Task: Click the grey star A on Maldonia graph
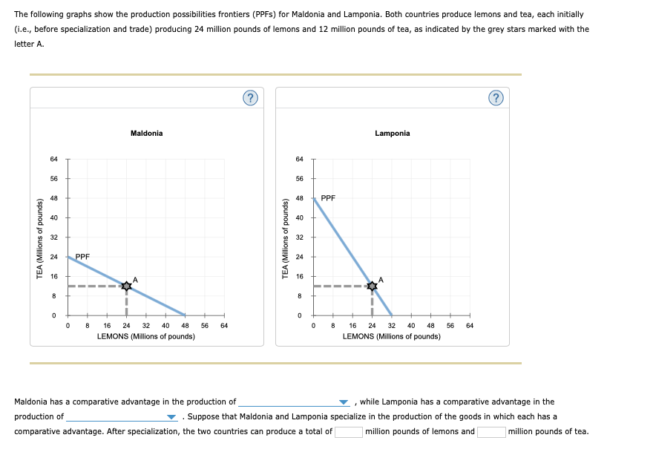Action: click(x=126, y=286)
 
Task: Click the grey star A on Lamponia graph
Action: click(x=372, y=286)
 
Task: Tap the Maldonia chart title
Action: click(x=146, y=134)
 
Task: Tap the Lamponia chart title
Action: click(x=392, y=134)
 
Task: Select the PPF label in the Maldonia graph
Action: click(x=82, y=257)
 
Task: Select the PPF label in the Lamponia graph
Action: click(x=328, y=198)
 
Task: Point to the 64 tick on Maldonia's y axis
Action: click(x=53, y=159)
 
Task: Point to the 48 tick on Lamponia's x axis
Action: click(x=430, y=325)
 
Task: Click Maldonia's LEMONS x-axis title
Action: click(x=146, y=336)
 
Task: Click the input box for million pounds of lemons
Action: click(x=348, y=432)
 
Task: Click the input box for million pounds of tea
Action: click(x=491, y=432)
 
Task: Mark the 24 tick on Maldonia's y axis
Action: click(x=53, y=257)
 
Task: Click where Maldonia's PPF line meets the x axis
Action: click(x=185, y=315)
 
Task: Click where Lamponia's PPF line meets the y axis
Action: click(x=313, y=198)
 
